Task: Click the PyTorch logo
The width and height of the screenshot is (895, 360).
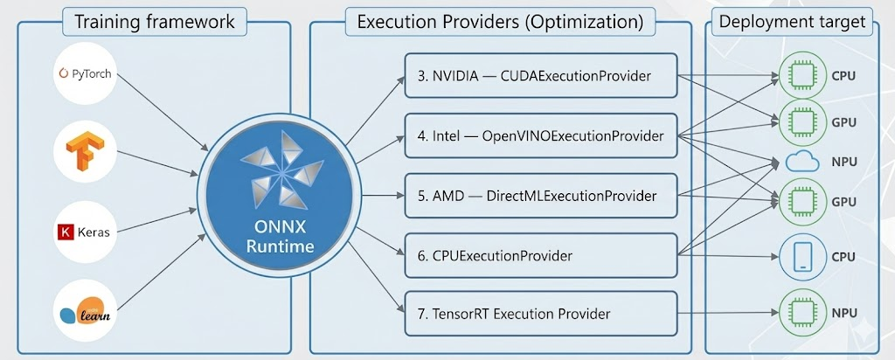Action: tap(85, 74)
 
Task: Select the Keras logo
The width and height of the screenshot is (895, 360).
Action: tap(84, 232)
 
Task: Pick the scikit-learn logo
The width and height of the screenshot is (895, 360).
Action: tap(86, 311)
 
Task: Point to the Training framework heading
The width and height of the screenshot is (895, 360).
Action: tap(155, 22)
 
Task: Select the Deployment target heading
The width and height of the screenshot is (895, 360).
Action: tap(792, 22)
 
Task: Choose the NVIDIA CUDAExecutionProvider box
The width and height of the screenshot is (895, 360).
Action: tap(541, 75)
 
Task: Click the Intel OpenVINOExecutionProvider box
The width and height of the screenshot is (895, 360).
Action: tap(541, 135)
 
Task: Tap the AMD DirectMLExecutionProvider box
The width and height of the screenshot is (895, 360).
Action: tap(541, 196)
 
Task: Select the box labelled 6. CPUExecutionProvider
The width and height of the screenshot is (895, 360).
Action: tap(541, 256)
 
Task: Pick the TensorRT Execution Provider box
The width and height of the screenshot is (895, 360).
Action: tap(541, 313)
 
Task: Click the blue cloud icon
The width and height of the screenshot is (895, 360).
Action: tap(802, 162)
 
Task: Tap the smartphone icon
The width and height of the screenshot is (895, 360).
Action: tap(802, 257)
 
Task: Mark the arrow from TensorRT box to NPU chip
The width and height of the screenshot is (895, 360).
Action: tap(728, 313)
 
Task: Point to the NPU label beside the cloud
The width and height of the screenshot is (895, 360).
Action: tap(844, 162)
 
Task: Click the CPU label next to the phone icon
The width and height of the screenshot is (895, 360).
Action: tap(843, 257)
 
